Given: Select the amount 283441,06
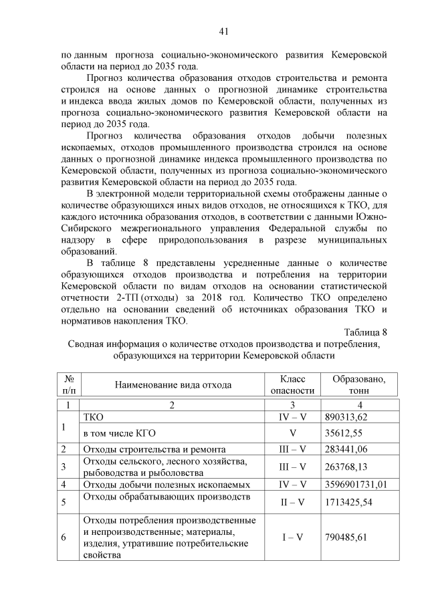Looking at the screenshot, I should click(347, 449).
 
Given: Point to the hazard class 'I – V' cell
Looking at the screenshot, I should click(292, 537).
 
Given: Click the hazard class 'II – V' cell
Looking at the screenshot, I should click(292, 501).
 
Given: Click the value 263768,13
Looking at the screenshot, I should click(347, 467).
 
